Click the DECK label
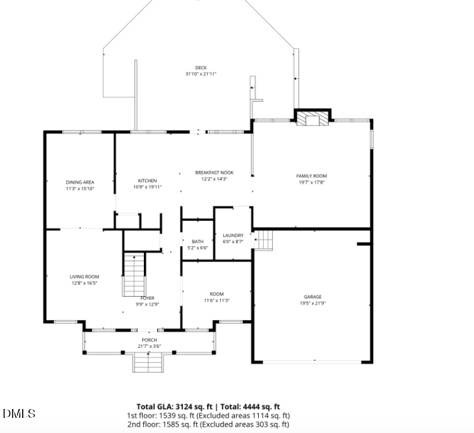point(201,68)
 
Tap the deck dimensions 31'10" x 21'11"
point(201,74)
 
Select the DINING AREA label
point(80,182)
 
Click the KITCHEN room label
point(147,181)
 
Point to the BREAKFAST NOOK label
point(214,173)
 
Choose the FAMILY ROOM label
point(312,176)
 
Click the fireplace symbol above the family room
point(312,119)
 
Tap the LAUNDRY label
point(233,235)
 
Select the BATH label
point(198,242)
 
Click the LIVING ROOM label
point(84,276)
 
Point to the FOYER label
point(147,298)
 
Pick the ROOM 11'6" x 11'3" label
point(216,294)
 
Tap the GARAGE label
point(312,297)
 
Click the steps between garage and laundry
point(264,240)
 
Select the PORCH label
point(149,340)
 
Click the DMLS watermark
point(19,414)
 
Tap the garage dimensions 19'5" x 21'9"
point(312,303)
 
